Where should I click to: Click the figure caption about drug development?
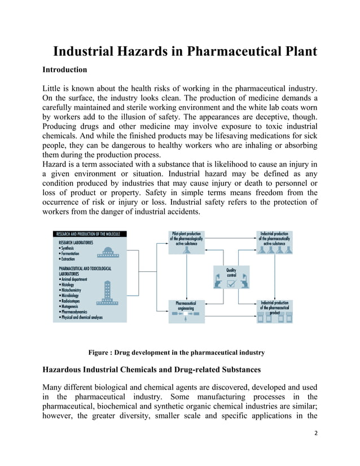point(177,353)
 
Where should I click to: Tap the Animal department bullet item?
point(76,279)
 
